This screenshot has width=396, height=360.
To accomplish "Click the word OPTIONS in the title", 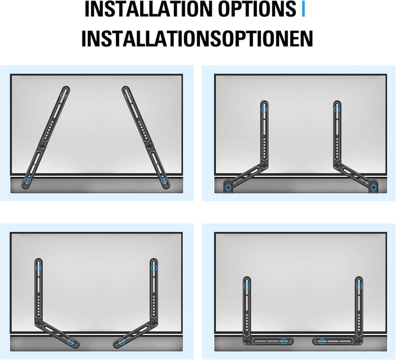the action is click(x=257, y=9).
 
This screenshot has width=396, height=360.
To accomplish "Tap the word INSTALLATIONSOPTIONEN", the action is click(x=197, y=39).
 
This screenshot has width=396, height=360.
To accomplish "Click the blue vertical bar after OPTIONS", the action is click(x=303, y=9).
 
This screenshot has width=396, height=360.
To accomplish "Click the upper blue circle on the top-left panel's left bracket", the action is click(x=64, y=95).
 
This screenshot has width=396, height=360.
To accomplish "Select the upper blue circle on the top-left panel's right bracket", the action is click(x=128, y=95).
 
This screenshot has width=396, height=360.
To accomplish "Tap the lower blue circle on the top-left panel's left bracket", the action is click(x=28, y=180).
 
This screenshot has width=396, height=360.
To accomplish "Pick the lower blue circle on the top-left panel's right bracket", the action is click(x=164, y=180).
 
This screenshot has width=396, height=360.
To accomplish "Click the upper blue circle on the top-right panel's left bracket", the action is click(x=264, y=109).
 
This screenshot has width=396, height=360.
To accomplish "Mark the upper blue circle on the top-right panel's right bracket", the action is click(x=337, y=109).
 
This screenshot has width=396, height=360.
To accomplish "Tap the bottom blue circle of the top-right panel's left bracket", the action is click(x=229, y=187).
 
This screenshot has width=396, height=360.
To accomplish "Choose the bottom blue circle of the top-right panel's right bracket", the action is click(x=373, y=187).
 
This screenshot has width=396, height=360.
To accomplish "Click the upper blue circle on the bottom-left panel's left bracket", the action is click(x=39, y=268).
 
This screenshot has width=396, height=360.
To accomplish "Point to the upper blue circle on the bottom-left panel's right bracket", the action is click(x=154, y=268).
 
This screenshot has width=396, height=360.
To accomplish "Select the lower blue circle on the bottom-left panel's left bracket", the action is click(x=71, y=342).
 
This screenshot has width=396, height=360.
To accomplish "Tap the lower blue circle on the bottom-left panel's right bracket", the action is click(x=122, y=342).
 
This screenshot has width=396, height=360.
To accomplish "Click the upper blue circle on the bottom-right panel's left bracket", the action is click(x=247, y=286).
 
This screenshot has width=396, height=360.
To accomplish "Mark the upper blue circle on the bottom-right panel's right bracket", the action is click(x=359, y=286).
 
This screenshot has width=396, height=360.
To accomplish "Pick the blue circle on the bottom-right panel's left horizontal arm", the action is click(x=284, y=341).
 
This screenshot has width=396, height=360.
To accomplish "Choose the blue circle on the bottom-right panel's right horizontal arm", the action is click(x=322, y=341).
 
